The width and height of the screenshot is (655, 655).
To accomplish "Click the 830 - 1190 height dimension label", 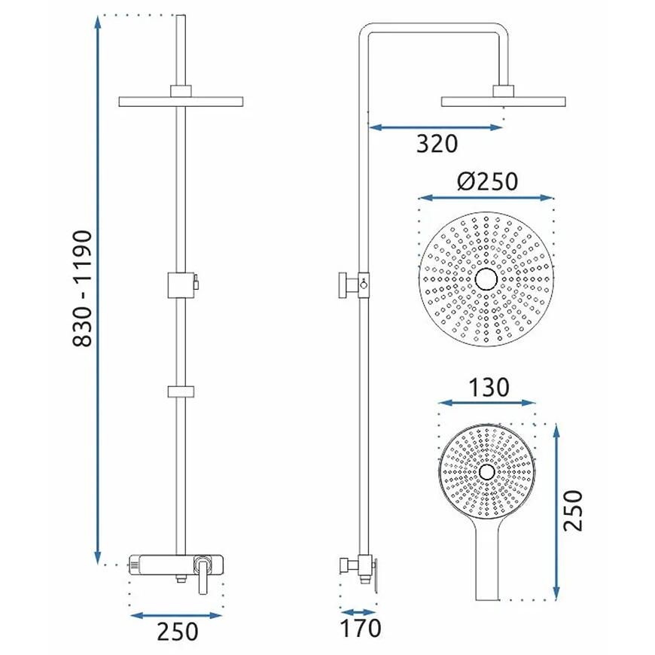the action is click(82, 288).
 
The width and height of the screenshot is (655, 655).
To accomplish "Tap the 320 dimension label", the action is click(437, 144).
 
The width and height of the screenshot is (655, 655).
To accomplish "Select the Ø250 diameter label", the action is click(488, 181).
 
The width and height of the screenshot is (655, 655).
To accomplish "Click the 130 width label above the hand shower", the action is click(489, 387).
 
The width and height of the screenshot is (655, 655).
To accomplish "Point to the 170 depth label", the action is click(361, 628).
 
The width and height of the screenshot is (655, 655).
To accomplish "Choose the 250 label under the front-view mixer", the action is click(177, 631).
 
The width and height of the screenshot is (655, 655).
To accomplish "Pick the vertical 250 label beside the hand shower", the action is click(573, 511).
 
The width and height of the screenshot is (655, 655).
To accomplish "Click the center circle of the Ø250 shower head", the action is click(486, 279).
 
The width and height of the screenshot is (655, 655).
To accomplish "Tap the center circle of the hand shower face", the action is click(486, 472).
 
